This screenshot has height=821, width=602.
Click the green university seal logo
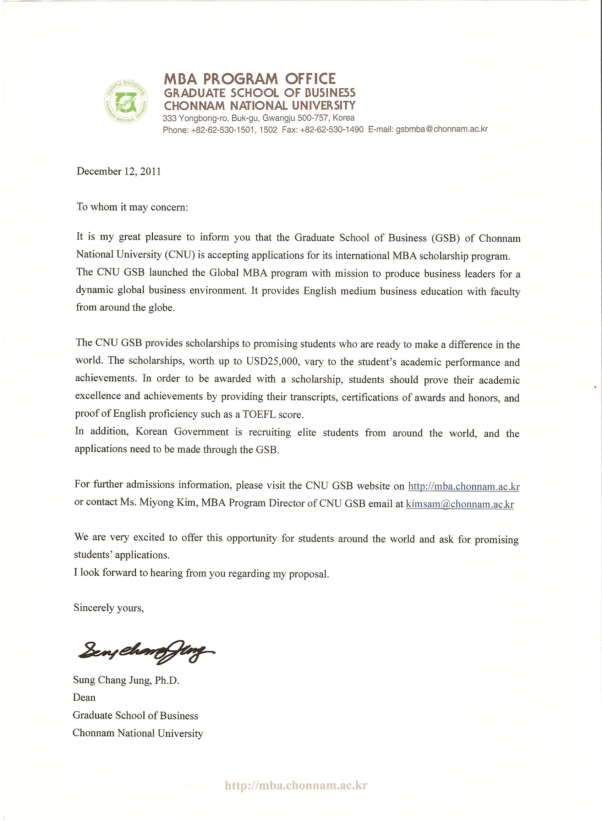coord(126,101)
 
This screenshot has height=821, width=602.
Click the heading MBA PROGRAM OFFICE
coord(250,79)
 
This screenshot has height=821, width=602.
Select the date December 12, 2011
coord(119,171)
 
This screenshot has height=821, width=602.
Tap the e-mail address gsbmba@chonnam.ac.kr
coord(442,129)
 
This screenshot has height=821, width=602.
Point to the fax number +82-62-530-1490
coord(332,130)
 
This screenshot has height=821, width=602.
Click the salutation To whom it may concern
coord(132,207)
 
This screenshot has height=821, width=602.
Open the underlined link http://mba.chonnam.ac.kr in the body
coord(464,486)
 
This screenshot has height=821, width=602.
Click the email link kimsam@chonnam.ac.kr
coord(460,504)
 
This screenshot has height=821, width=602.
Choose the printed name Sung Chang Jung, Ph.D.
coord(126,680)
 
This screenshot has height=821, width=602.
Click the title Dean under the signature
coord(84,698)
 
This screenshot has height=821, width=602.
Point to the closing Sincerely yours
coord(109,607)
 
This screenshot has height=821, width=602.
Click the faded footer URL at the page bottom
coord(296,785)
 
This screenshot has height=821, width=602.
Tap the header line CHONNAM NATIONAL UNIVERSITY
coord(259,106)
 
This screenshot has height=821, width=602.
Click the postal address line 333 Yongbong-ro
coord(258,118)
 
